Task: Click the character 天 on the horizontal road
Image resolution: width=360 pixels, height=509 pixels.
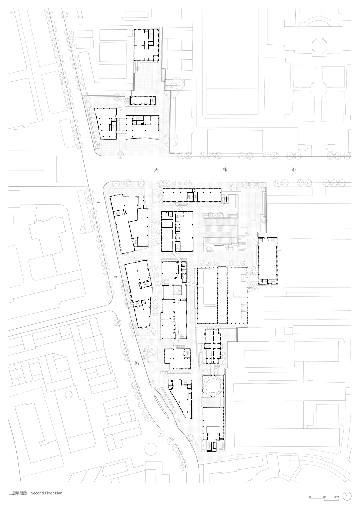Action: tap(156, 170)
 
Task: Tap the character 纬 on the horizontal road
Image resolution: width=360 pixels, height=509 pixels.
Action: tap(225, 170)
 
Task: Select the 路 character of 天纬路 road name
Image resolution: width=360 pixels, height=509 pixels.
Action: tap(293, 170)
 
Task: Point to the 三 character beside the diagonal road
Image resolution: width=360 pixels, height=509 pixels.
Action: tap(99, 202)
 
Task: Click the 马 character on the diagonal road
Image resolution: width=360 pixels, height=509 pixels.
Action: tap(116, 278)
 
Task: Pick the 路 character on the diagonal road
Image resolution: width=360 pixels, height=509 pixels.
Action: tap(137, 363)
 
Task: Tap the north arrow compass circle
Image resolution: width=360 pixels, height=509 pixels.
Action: tap(347, 496)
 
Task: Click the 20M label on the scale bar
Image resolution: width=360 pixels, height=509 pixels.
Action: tap(336, 497)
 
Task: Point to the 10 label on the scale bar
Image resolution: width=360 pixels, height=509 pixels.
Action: tap(324, 497)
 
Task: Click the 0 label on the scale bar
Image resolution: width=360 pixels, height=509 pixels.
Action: tap(310, 497)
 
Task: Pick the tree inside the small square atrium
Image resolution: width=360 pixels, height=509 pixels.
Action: tap(177, 290)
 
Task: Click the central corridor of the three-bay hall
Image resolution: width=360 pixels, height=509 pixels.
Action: tap(222, 295)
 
